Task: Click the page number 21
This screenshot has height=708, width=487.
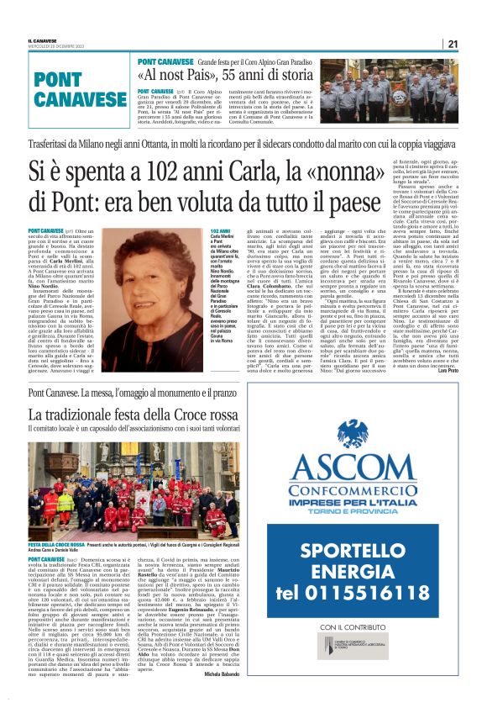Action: click(x=475, y=44)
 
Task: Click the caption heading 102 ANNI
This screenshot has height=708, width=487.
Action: click(x=221, y=230)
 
